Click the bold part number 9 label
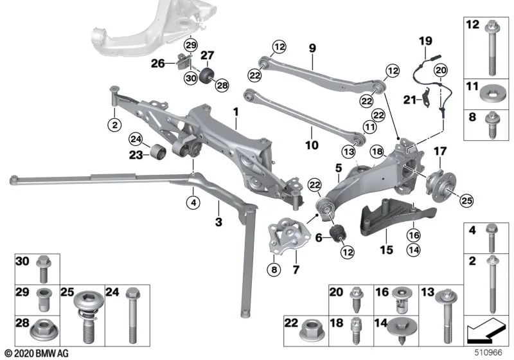tap(312, 48)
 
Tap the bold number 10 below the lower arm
tap(312, 145)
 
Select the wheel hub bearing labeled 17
tap(441, 186)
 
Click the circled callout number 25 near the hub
tap(466, 200)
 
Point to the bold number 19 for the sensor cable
tap(425, 41)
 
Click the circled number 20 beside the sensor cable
tap(441, 70)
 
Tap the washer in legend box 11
tap(491, 94)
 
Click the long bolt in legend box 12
tap(492, 48)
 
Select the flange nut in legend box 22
tap(312, 330)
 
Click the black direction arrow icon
tap(486, 329)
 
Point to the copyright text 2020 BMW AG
tap(37, 354)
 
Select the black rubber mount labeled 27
tap(206, 76)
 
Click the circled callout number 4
tap(193, 203)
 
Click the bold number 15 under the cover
tap(387, 250)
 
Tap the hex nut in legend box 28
tap(44, 330)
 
